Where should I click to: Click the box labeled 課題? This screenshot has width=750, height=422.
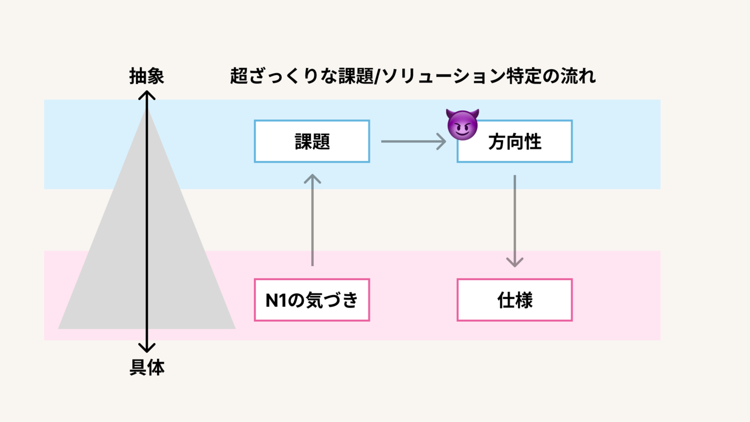(x=312, y=141)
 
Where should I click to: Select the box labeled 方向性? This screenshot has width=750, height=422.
(x=514, y=141)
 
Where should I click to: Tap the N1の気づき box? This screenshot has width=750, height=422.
(x=312, y=300)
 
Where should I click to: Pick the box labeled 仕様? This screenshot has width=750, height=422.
(x=514, y=300)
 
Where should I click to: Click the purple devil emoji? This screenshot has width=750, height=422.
(x=462, y=124)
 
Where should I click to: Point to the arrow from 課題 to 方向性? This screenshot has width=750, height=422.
(x=413, y=141)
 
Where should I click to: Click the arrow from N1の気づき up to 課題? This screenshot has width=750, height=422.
(x=312, y=220)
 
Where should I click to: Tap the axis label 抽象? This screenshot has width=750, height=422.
(x=147, y=77)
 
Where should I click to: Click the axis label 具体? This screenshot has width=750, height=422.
(x=147, y=368)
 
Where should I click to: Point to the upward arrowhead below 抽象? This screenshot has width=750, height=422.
(x=147, y=95)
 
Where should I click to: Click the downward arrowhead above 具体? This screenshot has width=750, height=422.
(x=147, y=348)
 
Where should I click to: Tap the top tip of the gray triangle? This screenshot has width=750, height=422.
(x=147, y=109)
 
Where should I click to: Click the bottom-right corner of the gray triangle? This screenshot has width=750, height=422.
(x=234, y=328)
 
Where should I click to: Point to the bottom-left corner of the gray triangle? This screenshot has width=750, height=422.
(x=59, y=328)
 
